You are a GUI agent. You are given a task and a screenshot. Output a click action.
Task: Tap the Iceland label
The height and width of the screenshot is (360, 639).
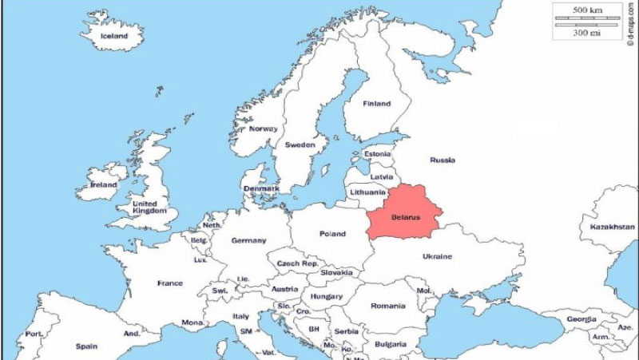[114, 36]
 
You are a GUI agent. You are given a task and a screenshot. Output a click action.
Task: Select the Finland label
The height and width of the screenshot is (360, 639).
[377, 104]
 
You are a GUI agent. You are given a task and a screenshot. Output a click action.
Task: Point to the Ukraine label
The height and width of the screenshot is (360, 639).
[437, 256]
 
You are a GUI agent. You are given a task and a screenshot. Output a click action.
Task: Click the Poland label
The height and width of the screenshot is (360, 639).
[332, 234]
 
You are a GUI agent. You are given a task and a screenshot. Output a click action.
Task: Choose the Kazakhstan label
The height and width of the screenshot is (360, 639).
[612, 227]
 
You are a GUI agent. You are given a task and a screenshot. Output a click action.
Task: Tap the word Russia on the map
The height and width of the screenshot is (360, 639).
[443, 160]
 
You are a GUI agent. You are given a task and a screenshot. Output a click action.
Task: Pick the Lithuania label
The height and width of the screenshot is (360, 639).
[368, 192]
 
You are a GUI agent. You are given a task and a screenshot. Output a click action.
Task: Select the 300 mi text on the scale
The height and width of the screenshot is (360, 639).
[588, 34]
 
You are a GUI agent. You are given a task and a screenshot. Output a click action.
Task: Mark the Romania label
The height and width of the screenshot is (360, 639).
[388, 306]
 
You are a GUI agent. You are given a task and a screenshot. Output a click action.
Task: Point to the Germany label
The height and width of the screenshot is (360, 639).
[248, 240]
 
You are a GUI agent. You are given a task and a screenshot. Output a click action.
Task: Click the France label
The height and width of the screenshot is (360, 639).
[169, 283]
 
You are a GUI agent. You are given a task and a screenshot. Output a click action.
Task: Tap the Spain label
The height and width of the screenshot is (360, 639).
[86, 346]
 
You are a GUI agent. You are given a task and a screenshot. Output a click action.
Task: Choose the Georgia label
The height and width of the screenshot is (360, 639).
[581, 319]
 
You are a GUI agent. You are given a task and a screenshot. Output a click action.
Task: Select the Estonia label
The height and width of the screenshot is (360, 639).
[378, 154]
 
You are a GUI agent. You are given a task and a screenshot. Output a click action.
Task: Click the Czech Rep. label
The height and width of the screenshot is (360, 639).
[297, 263]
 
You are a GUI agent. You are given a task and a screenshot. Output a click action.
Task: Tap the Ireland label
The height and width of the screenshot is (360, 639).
[104, 184]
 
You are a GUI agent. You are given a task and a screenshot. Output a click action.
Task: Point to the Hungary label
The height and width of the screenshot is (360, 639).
[327, 296]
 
